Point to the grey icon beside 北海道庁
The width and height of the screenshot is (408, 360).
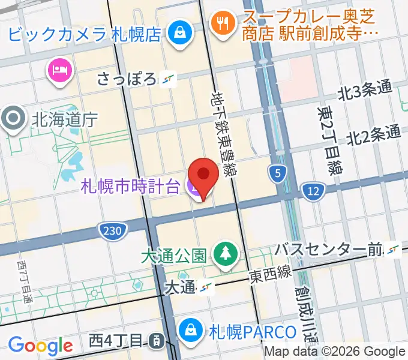12,119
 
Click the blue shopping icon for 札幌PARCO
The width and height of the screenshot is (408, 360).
190,330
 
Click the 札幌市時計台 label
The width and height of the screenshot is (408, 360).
130,187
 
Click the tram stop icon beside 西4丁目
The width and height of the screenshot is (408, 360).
155,341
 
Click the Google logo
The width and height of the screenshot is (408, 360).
40,345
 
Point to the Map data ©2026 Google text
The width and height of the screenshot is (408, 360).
335,352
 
